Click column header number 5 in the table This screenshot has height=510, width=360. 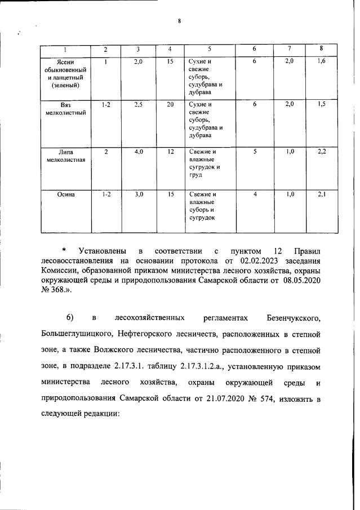[209, 50]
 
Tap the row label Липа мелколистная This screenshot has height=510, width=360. [65, 156]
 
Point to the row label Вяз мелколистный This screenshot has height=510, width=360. [65, 108]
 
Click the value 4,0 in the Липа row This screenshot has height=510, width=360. [139, 152]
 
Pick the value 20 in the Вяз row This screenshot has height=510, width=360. [170, 104]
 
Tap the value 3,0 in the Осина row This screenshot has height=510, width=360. [139, 194]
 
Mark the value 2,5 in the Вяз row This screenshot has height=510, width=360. [139, 104]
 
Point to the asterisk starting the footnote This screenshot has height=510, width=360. [64, 249]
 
